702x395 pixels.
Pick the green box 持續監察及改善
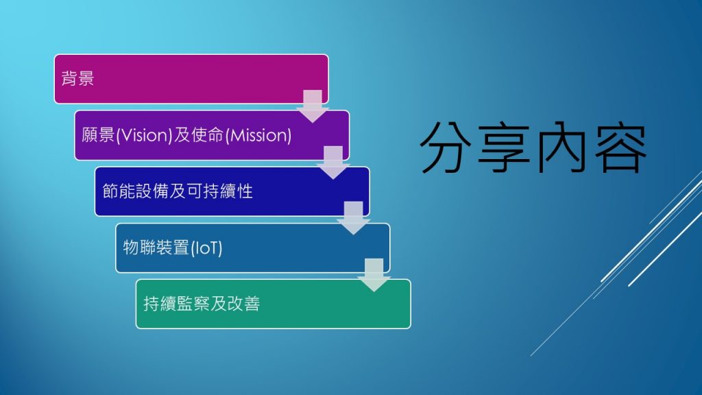273,304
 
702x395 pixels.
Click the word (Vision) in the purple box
144,135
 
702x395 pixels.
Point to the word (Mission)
258,135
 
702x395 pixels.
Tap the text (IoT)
206,248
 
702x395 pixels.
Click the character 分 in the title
446,147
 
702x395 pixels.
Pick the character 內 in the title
562,147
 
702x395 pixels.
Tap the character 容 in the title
620,147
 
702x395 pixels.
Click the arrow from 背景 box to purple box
313,106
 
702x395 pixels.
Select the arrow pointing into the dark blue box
333,163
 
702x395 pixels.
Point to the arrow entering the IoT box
353,218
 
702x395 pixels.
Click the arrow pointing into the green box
374,275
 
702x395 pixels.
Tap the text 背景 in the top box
77,79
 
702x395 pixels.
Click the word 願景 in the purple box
98,135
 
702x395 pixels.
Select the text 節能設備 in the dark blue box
136,192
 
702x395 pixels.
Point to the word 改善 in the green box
243,304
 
